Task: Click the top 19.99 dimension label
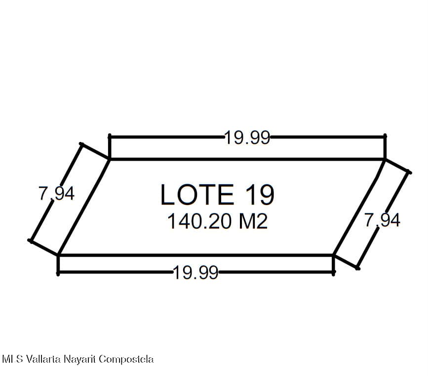coord(247,137)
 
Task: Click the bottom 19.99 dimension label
coord(195,272)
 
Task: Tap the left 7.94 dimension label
coord(56,194)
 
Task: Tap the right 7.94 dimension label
coord(383,220)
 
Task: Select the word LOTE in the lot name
coord(197,195)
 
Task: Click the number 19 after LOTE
coord(260,195)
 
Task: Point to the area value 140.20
coord(199,221)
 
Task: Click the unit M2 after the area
coord(253,221)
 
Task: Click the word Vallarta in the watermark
coord(43,359)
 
